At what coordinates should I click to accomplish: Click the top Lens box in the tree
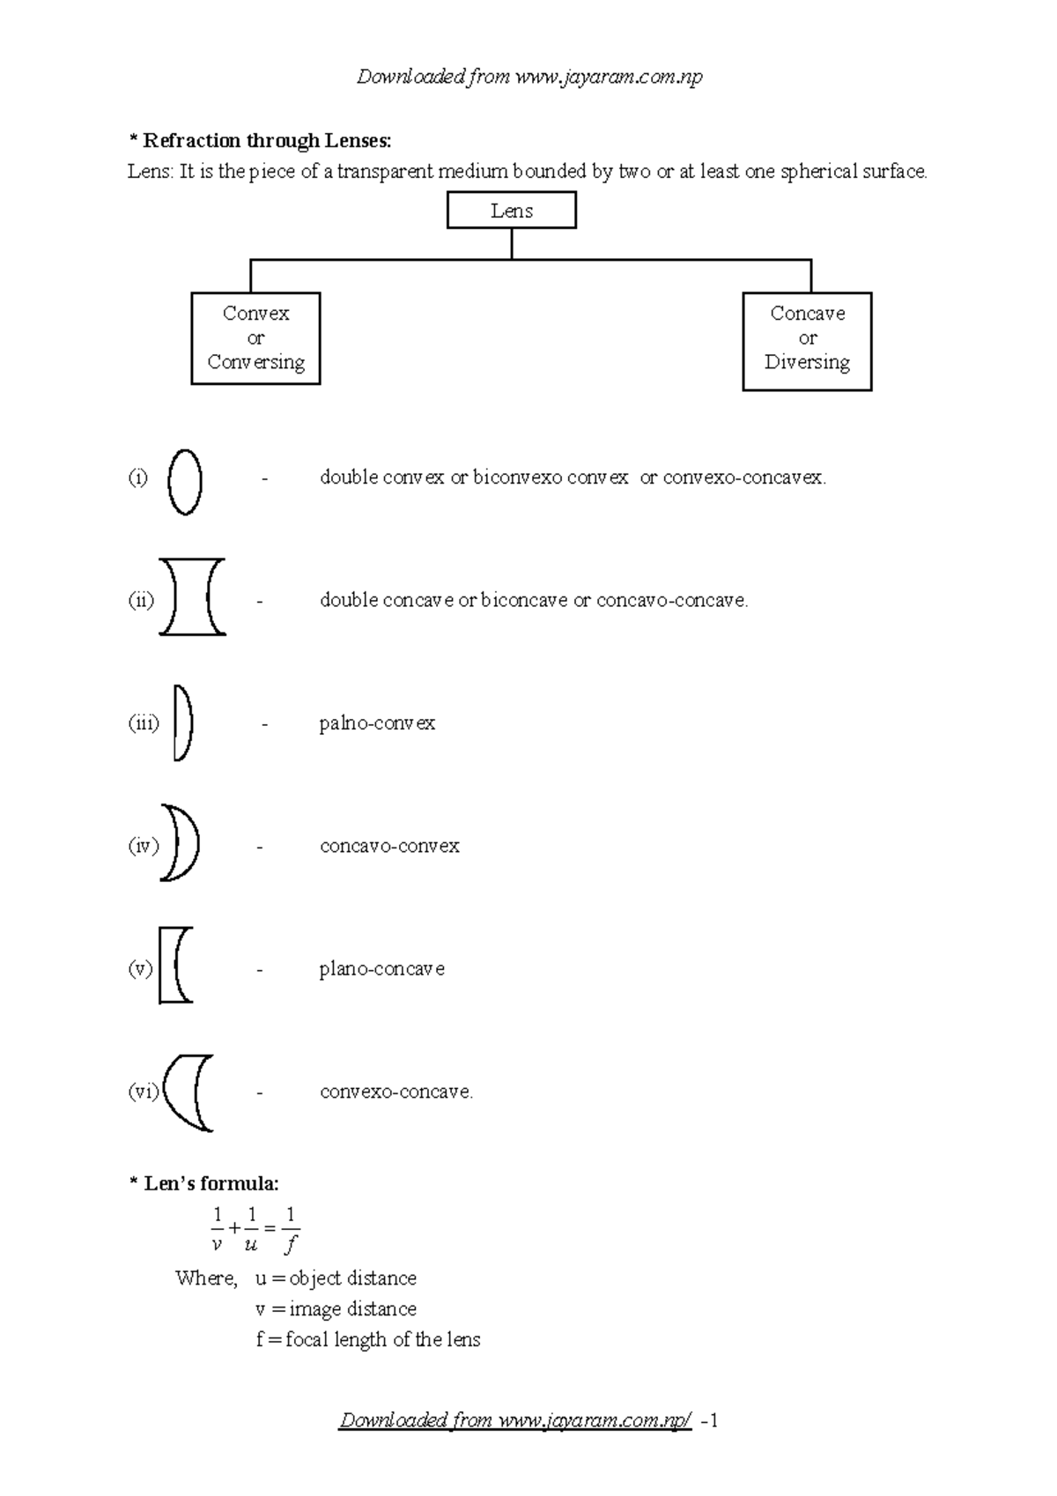(511, 211)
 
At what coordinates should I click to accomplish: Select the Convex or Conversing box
(255, 338)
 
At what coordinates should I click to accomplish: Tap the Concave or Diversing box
(807, 341)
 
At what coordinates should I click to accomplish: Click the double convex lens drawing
(185, 482)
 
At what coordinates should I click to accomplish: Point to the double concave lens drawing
(192, 596)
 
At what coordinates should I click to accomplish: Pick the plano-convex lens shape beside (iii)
(183, 723)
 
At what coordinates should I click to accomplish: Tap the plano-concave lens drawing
(175, 965)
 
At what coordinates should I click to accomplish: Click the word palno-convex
(377, 723)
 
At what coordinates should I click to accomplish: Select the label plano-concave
(381, 969)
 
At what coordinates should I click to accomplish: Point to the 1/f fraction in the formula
(291, 1230)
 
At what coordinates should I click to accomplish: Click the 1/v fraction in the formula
(217, 1230)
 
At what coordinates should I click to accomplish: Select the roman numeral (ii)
(141, 601)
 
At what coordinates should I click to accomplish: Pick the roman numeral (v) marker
(140, 969)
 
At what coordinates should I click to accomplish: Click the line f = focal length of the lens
(368, 1340)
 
